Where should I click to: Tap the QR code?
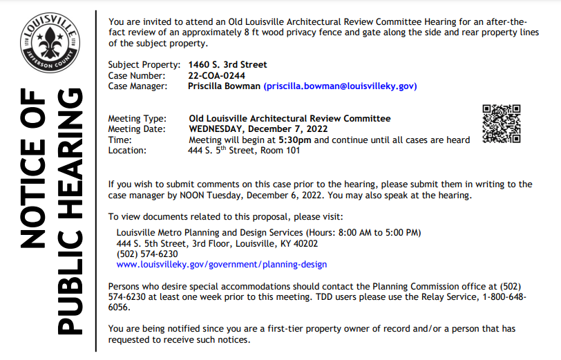[501, 124]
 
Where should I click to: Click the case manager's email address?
[341, 86]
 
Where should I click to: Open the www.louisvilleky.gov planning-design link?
[222, 264]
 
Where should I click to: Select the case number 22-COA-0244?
[217, 75]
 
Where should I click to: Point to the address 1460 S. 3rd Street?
[227, 65]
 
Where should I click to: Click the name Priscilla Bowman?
[224, 86]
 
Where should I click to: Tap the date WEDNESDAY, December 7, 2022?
[258, 129]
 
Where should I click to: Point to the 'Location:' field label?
[127, 150]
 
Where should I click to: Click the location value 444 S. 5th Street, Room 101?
[244, 150]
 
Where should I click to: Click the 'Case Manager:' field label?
[138, 86]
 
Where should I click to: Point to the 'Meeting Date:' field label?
[137, 129]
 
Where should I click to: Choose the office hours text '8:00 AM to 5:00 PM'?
[377, 232]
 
